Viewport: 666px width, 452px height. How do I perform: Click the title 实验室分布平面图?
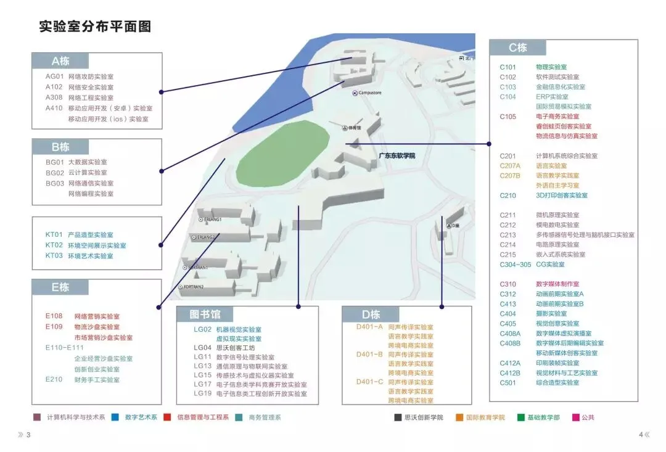(x=95, y=27)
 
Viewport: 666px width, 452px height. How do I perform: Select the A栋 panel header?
(x=60, y=61)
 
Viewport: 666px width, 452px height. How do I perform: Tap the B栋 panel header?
(x=60, y=147)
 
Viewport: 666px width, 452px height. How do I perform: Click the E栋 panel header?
(x=60, y=287)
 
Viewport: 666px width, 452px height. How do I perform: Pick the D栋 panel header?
(x=371, y=314)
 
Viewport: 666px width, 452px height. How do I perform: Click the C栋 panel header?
(x=517, y=48)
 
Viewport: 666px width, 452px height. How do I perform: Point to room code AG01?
(x=54, y=76)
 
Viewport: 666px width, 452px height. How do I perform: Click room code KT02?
(x=54, y=245)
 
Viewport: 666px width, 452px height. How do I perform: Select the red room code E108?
(x=54, y=316)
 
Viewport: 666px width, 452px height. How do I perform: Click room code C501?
(x=508, y=382)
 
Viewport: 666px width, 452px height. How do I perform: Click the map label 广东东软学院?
(x=397, y=156)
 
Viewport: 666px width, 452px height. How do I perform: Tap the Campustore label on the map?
(x=369, y=93)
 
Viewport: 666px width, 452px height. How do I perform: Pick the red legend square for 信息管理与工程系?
(x=167, y=417)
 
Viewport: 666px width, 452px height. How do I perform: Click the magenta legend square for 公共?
(x=575, y=417)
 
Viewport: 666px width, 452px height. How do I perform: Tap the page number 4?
(x=641, y=435)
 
